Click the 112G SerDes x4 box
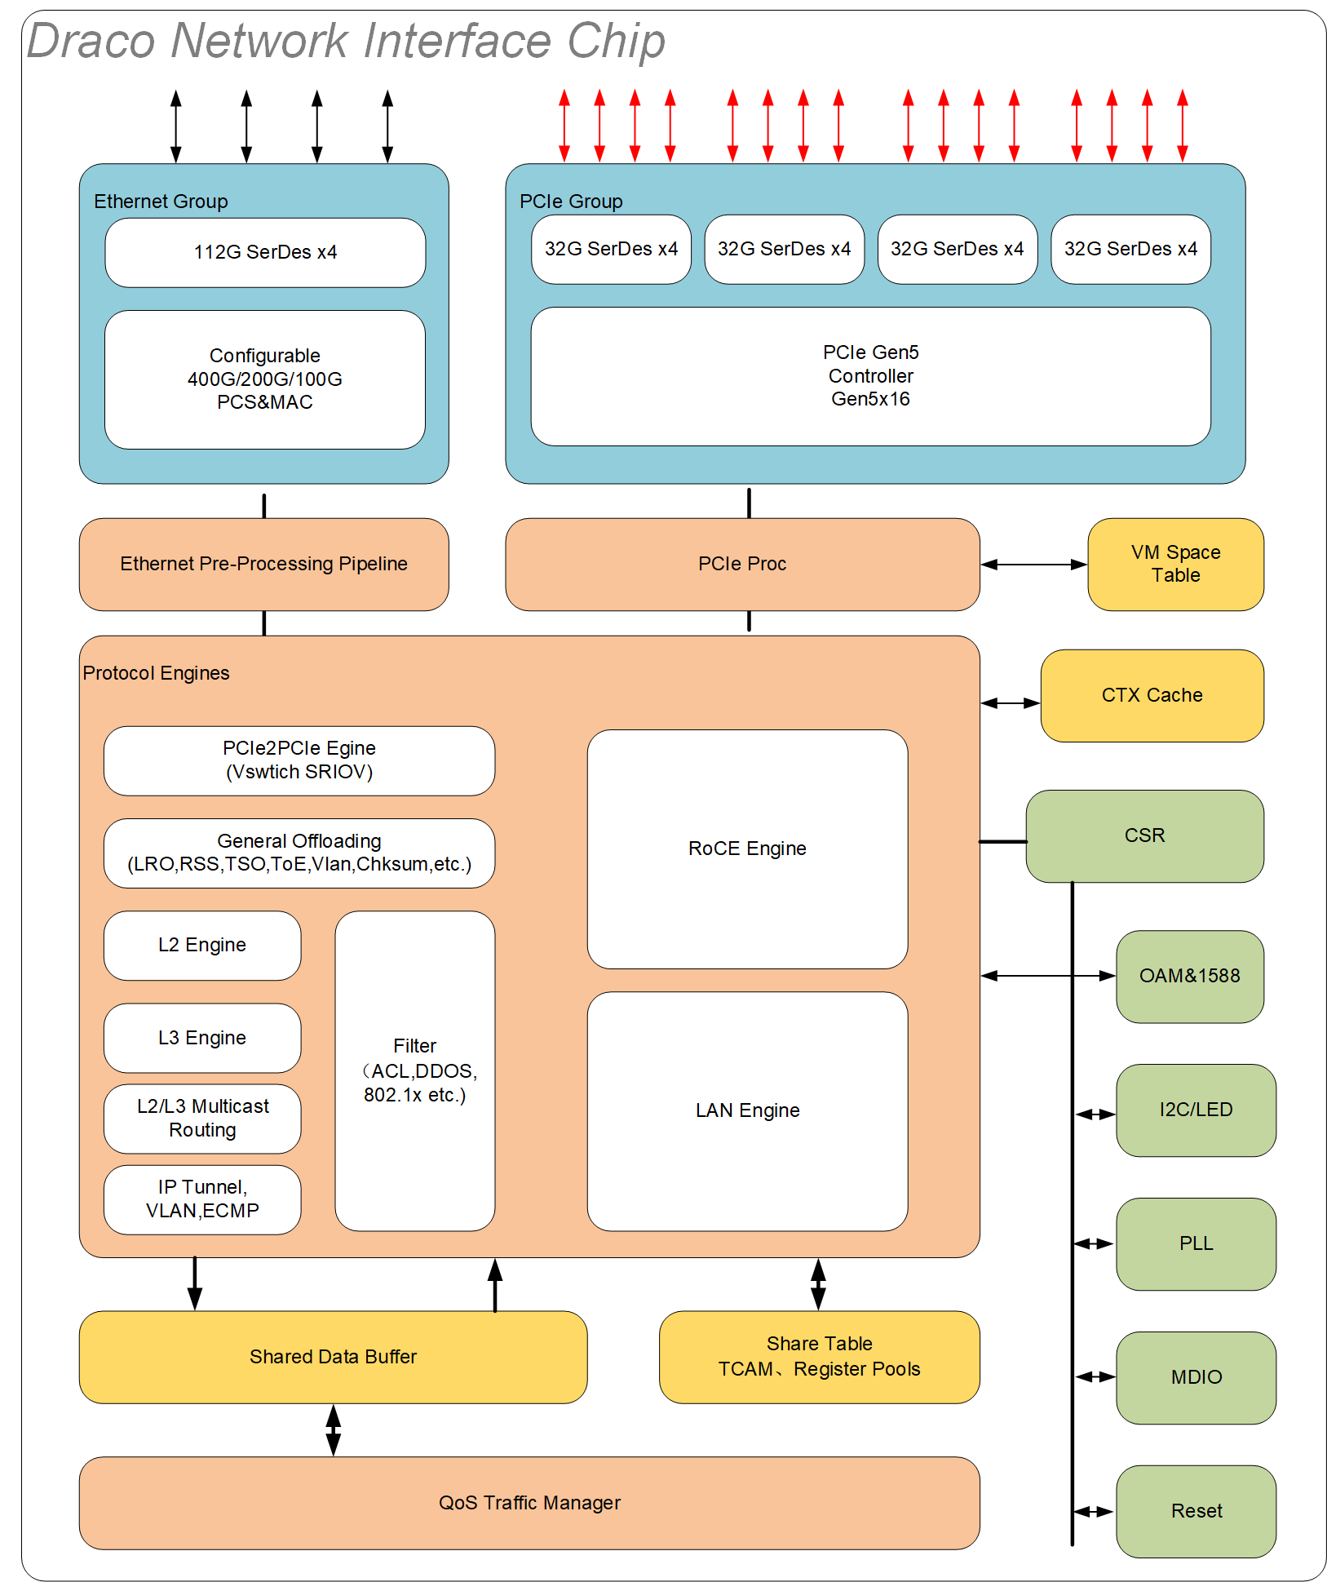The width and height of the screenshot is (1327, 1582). pos(265,252)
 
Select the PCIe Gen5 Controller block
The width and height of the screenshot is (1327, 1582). pos(870,376)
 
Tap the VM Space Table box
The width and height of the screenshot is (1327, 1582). pos(1175,564)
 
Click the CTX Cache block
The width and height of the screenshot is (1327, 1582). pos(1152,695)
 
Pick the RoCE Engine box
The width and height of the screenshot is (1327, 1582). pos(747,849)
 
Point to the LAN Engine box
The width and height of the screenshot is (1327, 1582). pos(747,1110)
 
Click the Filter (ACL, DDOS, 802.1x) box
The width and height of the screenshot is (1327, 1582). pos(414,1070)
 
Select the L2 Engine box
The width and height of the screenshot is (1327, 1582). pos(202,945)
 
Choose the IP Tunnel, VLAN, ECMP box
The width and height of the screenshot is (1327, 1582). pos(202,1199)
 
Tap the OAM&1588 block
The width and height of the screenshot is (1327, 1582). pos(1189,976)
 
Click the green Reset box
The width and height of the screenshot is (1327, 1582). pos(1196,1511)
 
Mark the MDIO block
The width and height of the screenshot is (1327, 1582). pos(1196,1377)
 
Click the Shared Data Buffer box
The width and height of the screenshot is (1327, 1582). pos(333,1357)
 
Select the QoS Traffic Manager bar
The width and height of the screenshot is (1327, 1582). pos(529,1503)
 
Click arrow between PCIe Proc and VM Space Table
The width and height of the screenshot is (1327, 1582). pos(1033,565)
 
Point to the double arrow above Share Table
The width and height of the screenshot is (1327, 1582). pos(818,1284)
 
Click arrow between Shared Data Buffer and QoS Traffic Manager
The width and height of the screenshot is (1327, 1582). pos(333,1429)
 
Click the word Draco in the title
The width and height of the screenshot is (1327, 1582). pos(91,41)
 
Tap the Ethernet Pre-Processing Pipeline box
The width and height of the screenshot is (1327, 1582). pos(263,564)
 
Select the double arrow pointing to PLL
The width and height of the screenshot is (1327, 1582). pos(1094,1243)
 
